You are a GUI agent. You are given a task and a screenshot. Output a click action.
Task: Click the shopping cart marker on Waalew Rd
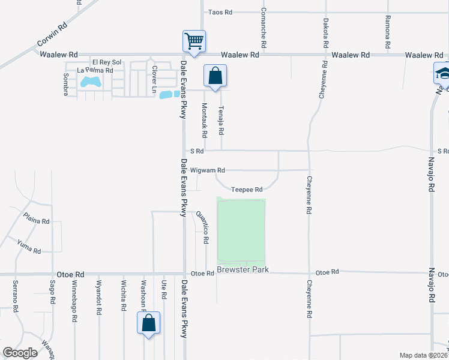pyautogui.click(x=194, y=41)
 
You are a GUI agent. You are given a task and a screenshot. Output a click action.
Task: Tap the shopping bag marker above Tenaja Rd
pyautogui.click(x=215, y=76)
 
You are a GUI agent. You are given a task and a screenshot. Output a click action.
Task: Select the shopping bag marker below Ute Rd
pyautogui.click(x=148, y=322)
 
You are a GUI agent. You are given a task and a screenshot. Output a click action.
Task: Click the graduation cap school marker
pyautogui.click(x=443, y=74)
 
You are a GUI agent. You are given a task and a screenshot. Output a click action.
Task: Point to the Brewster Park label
pyautogui.click(x=243, y=271)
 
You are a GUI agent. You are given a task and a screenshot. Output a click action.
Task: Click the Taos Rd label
pyautogui.click(x=220, y=12)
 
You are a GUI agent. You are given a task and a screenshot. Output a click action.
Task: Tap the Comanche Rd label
pyautogui.click(x=264, y=29)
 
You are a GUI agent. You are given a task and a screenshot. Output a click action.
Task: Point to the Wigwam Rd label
pyautogui.click(x=208, y=170)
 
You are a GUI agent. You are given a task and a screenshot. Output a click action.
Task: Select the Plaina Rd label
pyautogui.click(x=36, y=220)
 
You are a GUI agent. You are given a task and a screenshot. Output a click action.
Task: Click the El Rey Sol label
pyautogui.click(x=107, y=62)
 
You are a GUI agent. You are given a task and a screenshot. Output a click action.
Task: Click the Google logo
pyautogui.click(x=20, y=353)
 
